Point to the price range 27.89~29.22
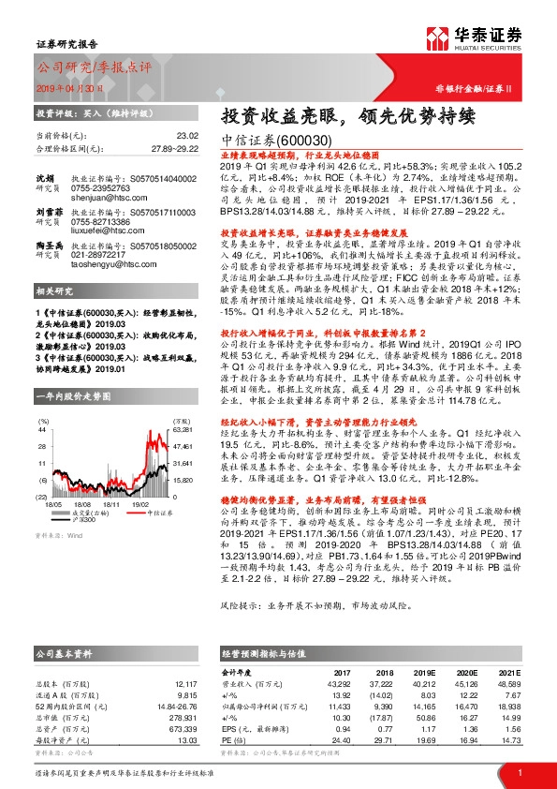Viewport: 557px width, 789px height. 176,148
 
